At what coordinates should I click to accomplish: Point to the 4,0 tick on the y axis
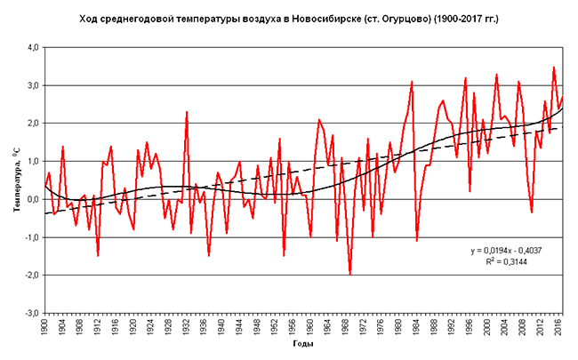[x=30, y=47]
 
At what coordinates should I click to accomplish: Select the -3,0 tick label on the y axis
[x=29, y=313]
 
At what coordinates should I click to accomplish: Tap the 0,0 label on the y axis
[x=30, y=199]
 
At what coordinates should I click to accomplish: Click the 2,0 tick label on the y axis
[x=30, y=124]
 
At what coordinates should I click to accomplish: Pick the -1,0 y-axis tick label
[x=29, y=237]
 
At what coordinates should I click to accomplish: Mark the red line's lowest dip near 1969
[x=350, y=274]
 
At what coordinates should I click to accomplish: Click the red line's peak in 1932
[x=187, y=112]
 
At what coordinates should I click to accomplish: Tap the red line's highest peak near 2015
[x=554, y=68]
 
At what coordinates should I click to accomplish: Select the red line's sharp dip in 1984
[x=417, y=240]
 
